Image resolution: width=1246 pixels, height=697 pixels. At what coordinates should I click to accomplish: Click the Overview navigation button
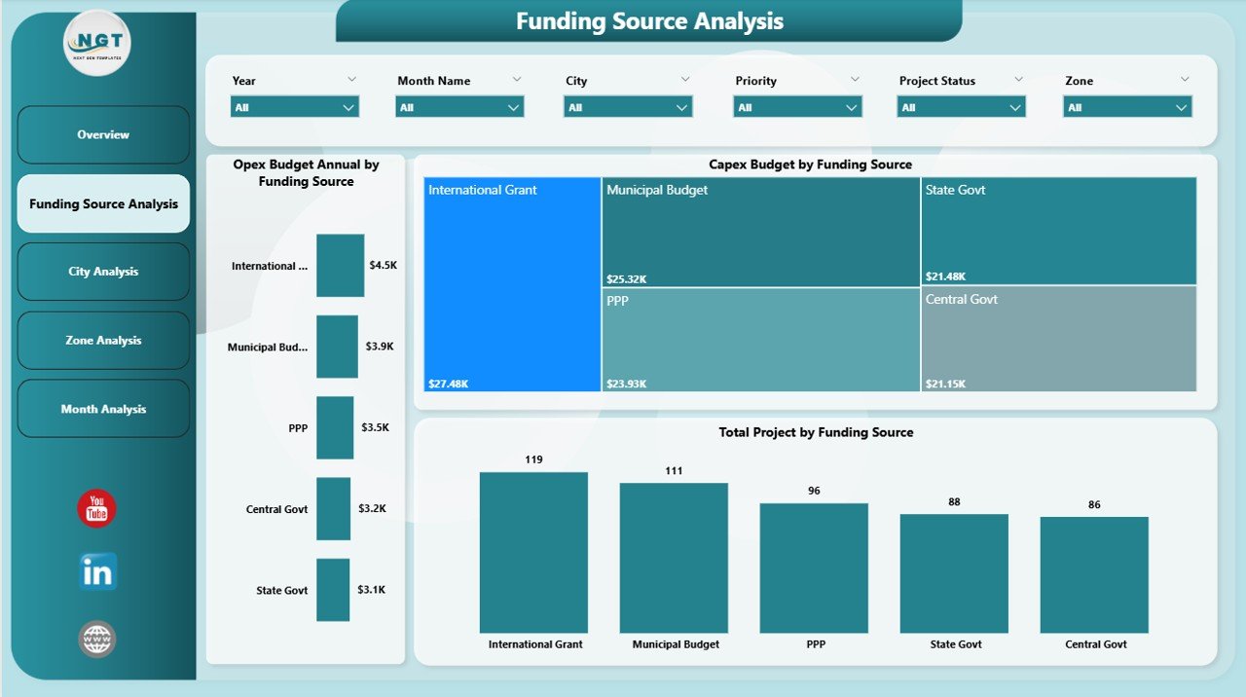(x=103, y=135)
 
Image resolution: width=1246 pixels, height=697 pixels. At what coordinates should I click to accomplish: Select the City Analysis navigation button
(x=103, y=272)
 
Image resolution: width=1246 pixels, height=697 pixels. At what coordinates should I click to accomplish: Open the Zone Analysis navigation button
(x=103, y=341)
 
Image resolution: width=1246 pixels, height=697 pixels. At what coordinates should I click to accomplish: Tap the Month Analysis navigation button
(x=103, y=409)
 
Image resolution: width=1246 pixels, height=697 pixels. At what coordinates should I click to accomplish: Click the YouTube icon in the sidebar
(x=96, y=509)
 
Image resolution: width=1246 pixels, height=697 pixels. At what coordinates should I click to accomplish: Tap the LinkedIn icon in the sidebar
(x=97, y=572)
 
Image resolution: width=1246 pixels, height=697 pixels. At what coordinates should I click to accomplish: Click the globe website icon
(x=97, y=640)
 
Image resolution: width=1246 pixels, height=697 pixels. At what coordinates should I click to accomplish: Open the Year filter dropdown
(x=294, y=107)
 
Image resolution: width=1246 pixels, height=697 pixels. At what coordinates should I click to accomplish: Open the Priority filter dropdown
(x=797, y=107)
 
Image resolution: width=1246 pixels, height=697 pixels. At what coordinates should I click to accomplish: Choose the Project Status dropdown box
(x=961, y=107)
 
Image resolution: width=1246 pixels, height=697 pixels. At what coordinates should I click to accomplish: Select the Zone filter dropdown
(x=1127, y=107)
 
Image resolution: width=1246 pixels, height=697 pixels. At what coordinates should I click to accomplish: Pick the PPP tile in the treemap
(x=760, y=340)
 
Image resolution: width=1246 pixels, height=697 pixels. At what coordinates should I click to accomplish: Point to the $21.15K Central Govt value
(x=945, y=384)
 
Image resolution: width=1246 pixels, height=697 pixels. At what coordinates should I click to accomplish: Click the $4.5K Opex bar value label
(x=383, y=265)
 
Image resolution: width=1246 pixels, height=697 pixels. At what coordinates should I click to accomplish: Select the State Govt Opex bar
(x=332, y=590)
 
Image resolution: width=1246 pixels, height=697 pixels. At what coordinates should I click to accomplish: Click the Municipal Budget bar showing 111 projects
(x=674, y=558)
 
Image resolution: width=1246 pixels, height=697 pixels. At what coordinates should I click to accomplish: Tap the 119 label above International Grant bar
(x=533, y=459)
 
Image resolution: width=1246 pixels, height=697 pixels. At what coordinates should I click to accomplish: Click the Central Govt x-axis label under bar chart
(x=1095, y=644)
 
